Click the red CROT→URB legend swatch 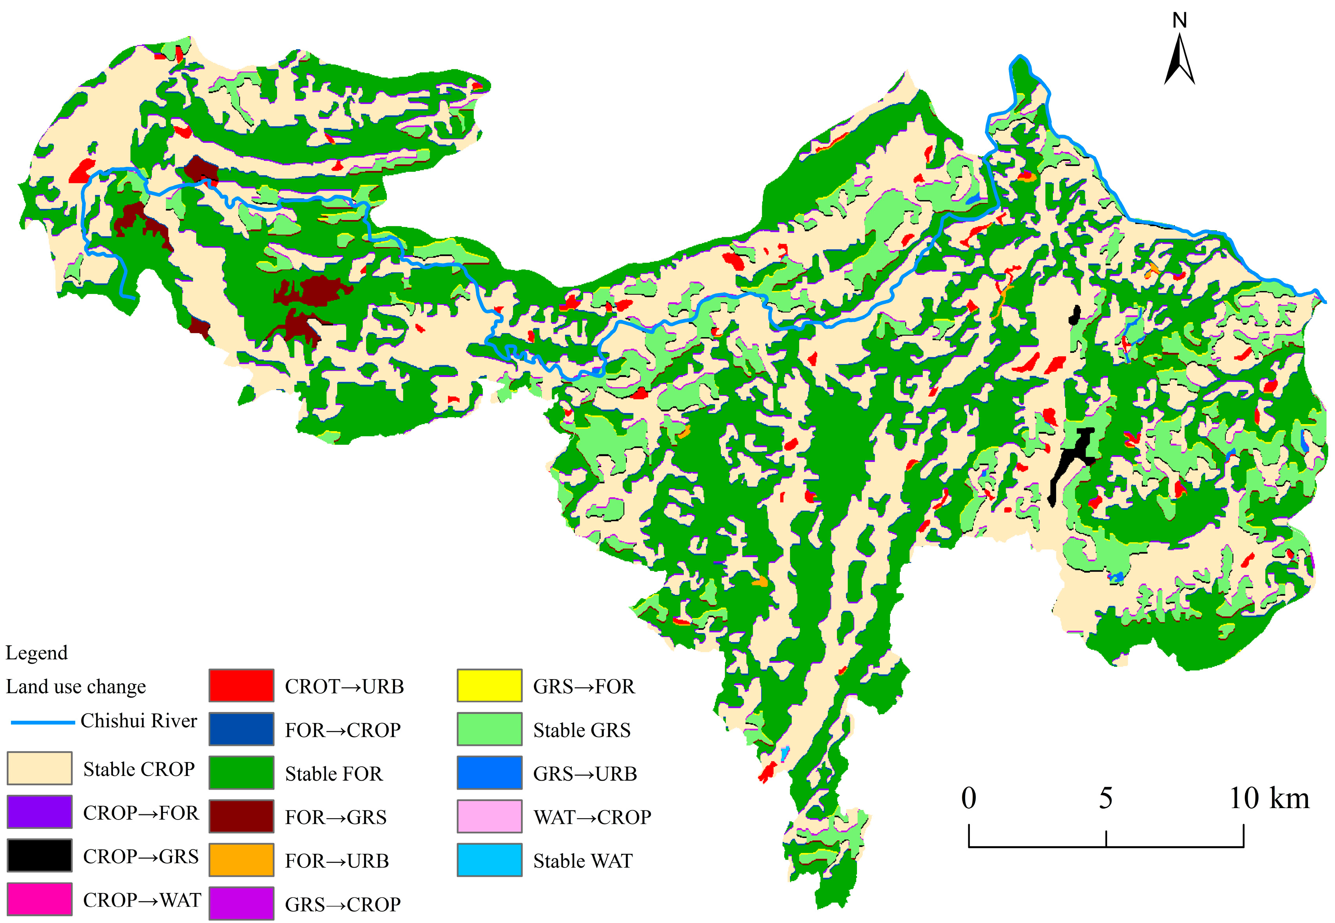tap(241, 685)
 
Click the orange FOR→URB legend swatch tap(241, 860)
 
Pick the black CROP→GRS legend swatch tap(39, 855)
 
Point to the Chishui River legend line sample tap(43, 722)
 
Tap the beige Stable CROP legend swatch tap(39, 768)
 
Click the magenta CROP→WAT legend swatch tap(39, 899)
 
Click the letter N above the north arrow tap(1180, 21)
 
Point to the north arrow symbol tap(1180, 61)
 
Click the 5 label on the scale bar tap(1106, 799)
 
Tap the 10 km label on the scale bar tap(1269, 799)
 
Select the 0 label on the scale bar tap(969, 799)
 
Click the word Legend tap(37, 653)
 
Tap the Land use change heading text tap(76, 687)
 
